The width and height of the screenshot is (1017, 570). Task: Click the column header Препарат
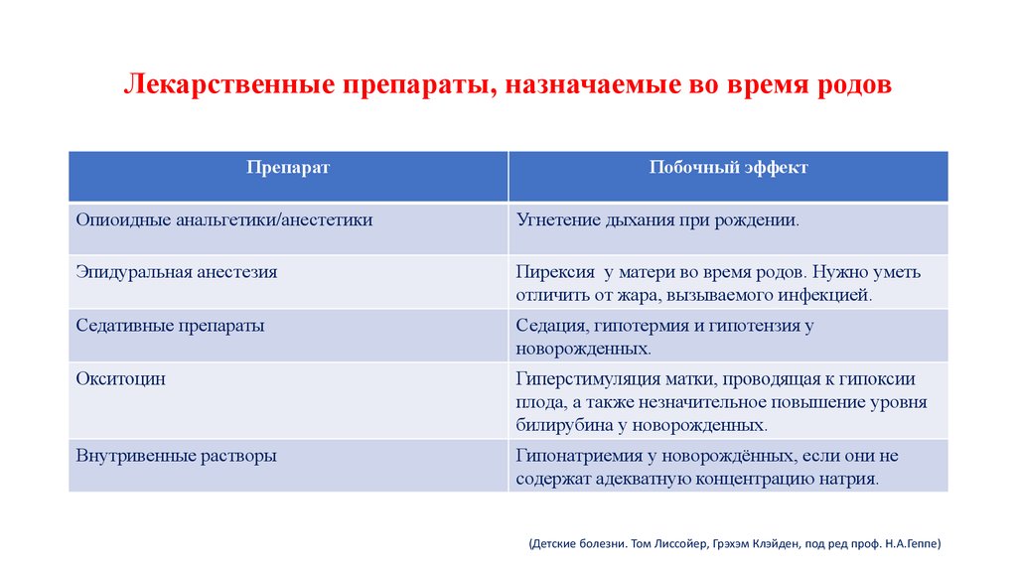[288, 168]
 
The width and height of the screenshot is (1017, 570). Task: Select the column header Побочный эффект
[728, 168]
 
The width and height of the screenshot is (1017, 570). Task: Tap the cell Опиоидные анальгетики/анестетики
[224, 219]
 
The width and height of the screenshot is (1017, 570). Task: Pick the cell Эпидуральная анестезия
[176, 271]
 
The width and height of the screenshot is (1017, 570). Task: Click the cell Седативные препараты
[170, 325]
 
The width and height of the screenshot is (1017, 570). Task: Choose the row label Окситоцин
[120, 378]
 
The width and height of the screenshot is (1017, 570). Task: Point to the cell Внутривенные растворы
[176, 456]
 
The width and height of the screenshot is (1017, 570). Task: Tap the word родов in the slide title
[852, 85]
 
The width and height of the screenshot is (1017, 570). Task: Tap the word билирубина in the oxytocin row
[558, 424]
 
